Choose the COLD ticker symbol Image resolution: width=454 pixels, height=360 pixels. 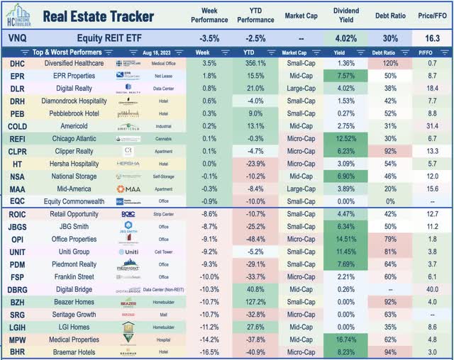point(17,125)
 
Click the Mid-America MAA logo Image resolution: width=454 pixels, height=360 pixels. point(128,189)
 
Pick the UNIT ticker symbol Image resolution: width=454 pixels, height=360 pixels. point(17,251)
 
